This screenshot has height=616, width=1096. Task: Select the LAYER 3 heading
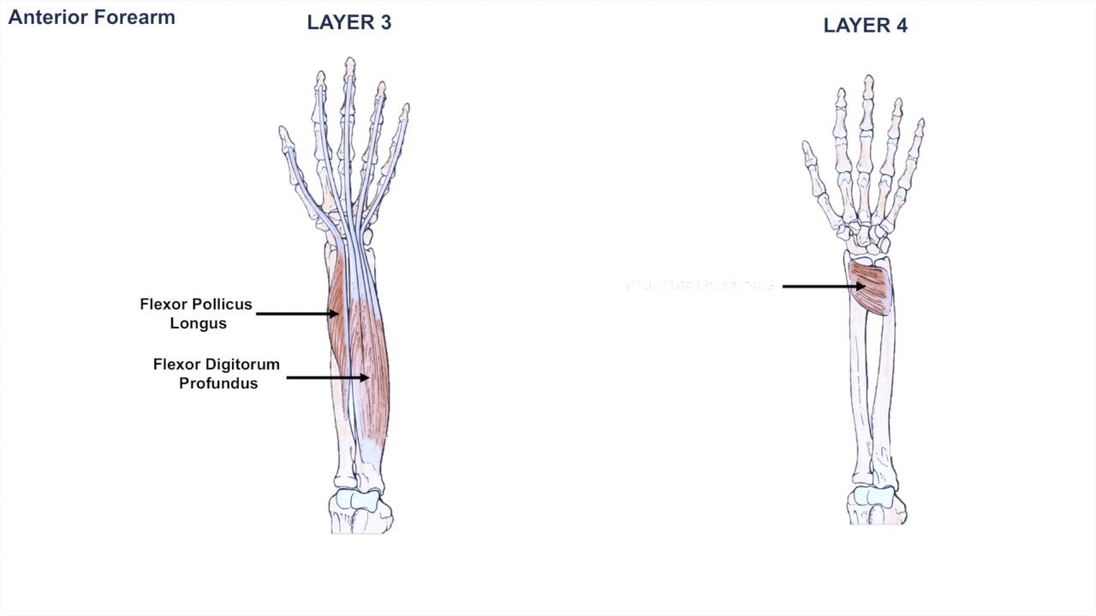pos(348,23)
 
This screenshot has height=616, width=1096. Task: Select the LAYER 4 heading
pos(865,26)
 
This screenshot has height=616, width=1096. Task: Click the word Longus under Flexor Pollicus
pos(198,323)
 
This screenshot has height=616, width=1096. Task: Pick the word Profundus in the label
pos(218,383)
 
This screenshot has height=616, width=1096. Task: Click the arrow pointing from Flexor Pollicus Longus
pos(296,314)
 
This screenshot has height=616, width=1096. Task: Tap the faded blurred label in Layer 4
pos(700,285)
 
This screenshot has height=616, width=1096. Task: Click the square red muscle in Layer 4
pos(870,288)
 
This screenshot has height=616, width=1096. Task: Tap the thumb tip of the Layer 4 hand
pos(807,146)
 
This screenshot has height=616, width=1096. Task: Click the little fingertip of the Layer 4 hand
pos(920,123)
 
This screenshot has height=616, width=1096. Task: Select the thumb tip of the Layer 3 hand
pos(283,132)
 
